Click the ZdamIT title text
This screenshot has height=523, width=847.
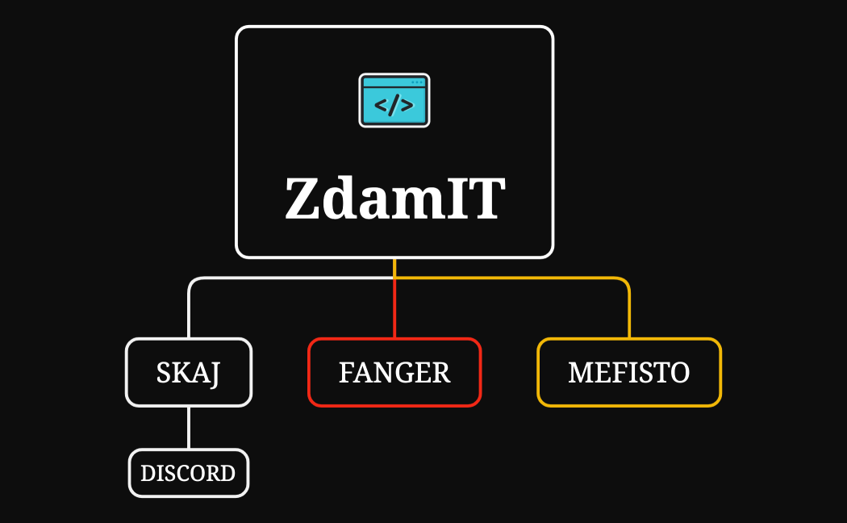tap(394, 199)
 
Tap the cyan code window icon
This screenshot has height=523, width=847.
tap(394, 101)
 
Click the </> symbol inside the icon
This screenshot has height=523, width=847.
tap(394, 106)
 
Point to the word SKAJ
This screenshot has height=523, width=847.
tap(189, 373)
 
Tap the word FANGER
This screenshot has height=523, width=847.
tap(394, 373)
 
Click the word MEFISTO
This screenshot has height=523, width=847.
tap(629, 373)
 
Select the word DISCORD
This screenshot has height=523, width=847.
tap(189, 473)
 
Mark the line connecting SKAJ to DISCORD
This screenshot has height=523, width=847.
tap(189, 427)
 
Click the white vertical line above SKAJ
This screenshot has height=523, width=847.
tap(189, 315)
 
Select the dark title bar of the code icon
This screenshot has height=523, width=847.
tap(394, 82)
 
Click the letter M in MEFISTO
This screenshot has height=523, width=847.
tap(578, 373)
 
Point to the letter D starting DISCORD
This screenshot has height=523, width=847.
tap(147, 473)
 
